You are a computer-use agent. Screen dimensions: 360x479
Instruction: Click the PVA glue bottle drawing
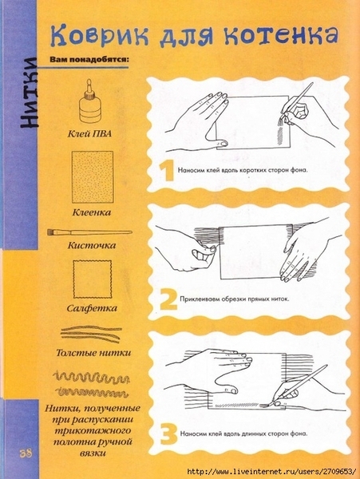[x=89, y=101]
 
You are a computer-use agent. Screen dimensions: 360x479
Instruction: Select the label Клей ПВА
[x=89, y=133]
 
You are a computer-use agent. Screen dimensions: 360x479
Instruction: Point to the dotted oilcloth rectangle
[x=93, y=177]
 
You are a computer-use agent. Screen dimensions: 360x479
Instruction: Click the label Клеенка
[x=92, y=212]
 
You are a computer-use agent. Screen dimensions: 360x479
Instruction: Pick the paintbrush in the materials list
[x=89, y=232]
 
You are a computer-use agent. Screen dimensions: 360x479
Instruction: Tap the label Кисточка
[x=92, y=245]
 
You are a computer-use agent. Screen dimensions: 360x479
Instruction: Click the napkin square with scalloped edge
[x=93, y=279]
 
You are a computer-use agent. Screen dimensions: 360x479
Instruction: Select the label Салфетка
[x=92, y=307]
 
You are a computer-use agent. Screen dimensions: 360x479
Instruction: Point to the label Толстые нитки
[x=93, y=353]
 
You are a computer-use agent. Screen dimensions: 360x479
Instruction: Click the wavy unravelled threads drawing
[x=91, y=384]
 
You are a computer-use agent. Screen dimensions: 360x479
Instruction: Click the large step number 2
[x=168, y=299]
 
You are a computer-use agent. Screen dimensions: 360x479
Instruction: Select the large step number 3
[x=168, y=434]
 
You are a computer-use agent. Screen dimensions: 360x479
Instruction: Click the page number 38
[x=26, y=453]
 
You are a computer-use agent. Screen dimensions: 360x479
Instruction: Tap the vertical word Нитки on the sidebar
[x=29, y=93]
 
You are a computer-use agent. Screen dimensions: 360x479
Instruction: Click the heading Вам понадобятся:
[x=89, y=59]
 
